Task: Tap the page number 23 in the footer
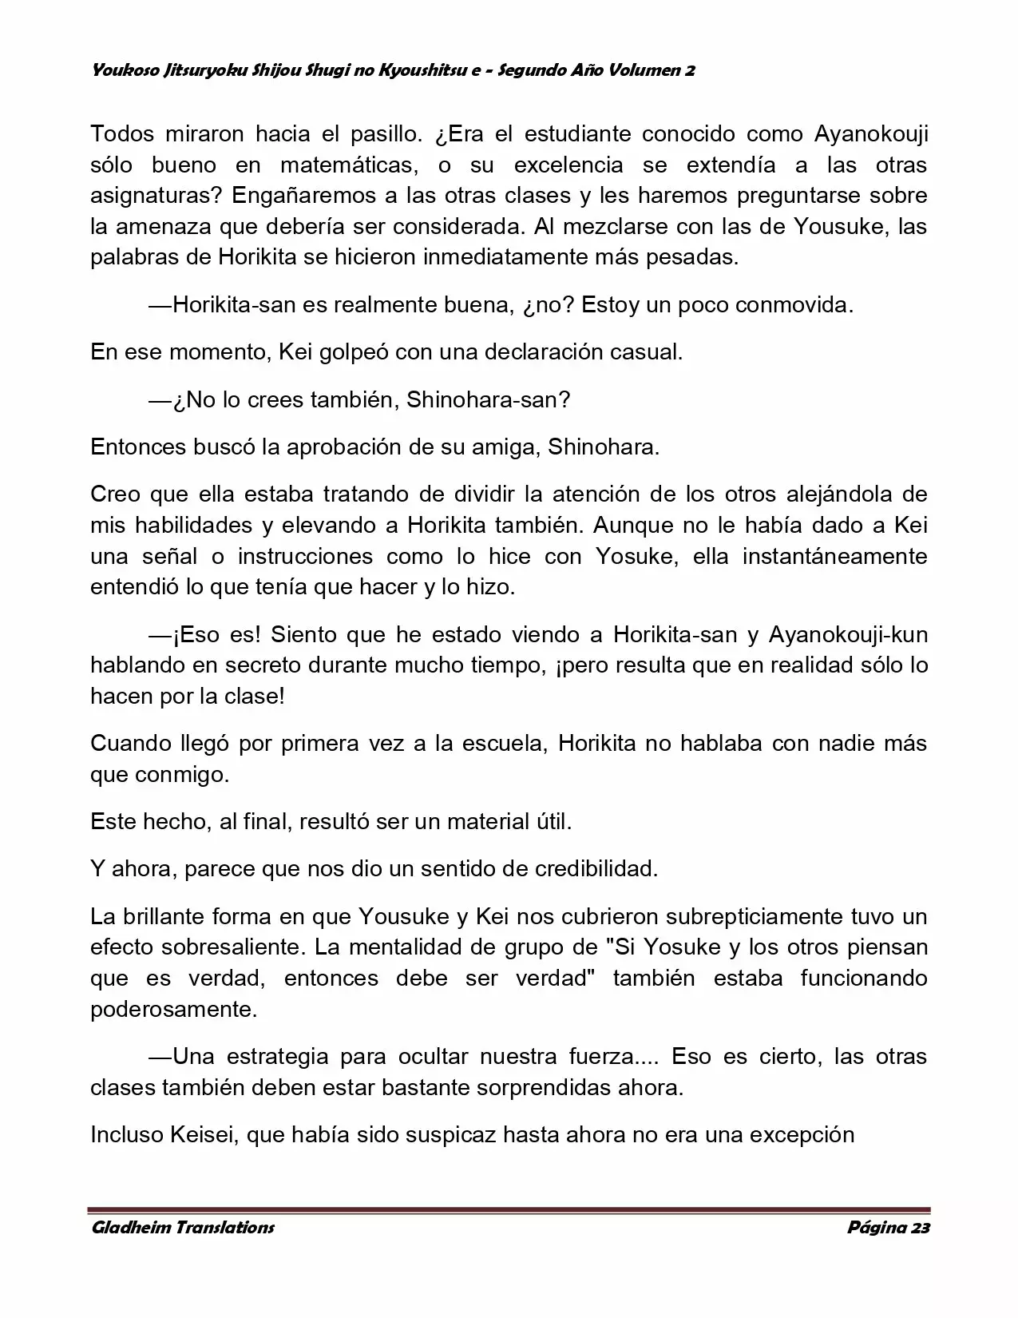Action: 920,1228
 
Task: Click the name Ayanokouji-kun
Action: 848,634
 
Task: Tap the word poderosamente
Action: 174,1009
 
